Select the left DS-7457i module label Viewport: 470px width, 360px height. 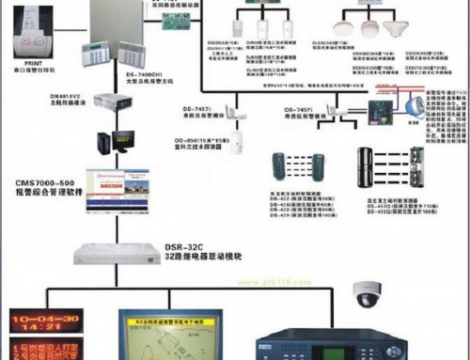[x=206, y=109]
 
